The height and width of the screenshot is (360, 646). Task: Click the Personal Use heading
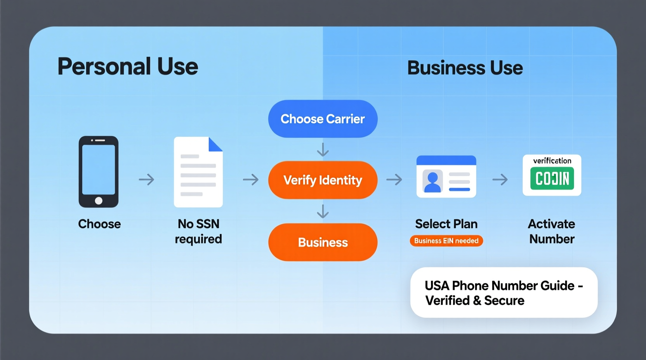tap(128, 66)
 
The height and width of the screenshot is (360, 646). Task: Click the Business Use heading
tap(465, 68)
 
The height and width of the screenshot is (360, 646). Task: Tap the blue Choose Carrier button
tap(323, 119)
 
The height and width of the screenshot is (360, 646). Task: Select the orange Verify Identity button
tap(323, 180)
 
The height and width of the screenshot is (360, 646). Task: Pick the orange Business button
tap(323, 242)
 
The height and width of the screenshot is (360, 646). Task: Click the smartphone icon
tap(99, 171)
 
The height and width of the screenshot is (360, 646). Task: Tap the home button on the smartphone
tap(99, 201)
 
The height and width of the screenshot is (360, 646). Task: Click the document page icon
tap(198, 172)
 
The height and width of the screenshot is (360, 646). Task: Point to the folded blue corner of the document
tap(215, 144)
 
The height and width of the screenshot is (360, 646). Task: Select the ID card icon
tap(446, 177)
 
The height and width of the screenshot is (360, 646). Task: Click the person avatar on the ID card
tap(432, 182)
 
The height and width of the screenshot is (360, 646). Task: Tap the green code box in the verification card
tap(552, 178)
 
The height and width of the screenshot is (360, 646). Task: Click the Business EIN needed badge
tap(446, 241)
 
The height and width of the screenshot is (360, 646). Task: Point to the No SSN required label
tap(198, 231)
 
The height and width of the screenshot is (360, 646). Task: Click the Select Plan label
tap(446, 224)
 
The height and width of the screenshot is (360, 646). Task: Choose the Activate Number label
tap(552, 231)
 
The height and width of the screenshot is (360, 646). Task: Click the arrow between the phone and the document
tap(146, 180)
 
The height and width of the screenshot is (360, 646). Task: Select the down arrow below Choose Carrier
tap(323, 150)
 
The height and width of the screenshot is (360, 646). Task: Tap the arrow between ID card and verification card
tap(500, 180)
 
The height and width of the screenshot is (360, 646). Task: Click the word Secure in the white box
tap(504, 301)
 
